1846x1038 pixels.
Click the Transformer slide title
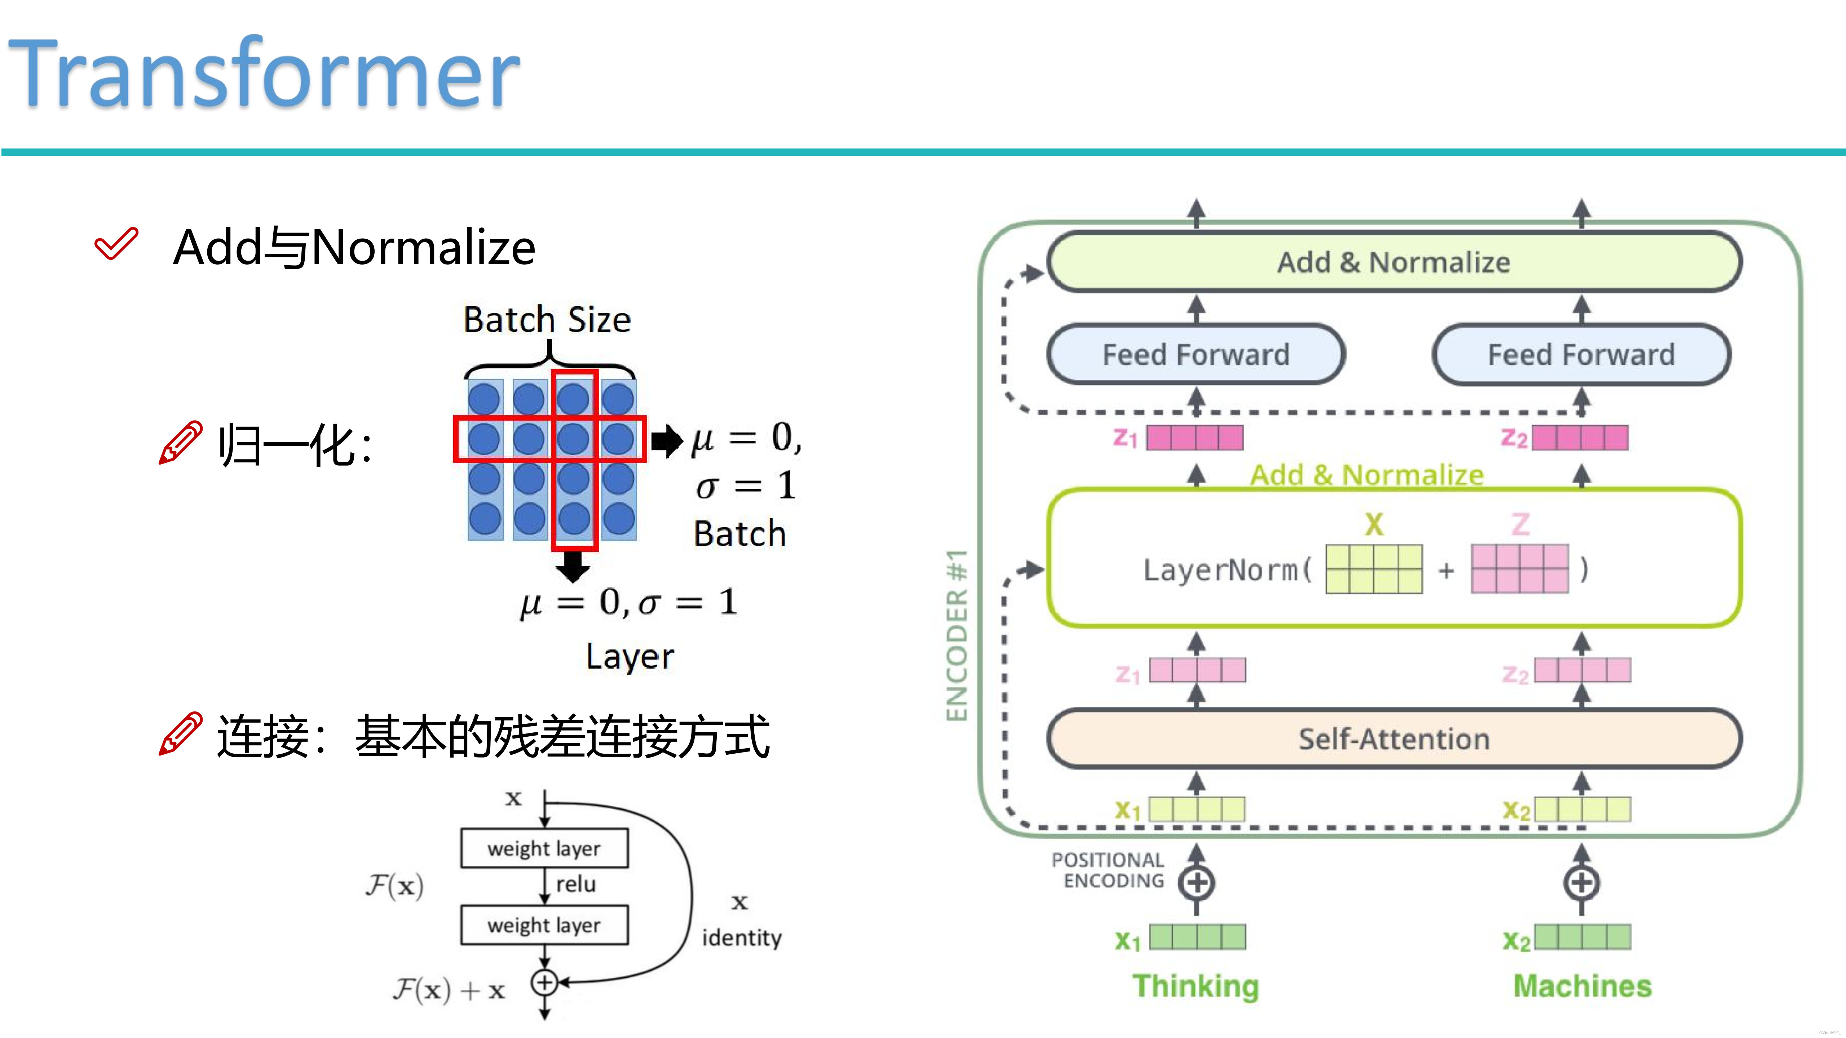(264, 73)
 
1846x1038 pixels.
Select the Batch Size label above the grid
(547, 319)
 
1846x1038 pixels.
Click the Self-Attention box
(1394, 738)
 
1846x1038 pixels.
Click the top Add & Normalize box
(1394, 262)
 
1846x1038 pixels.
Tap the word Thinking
(1195, 986)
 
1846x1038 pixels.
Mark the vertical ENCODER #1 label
(957, 635)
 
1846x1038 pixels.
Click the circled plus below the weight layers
(544, 982)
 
